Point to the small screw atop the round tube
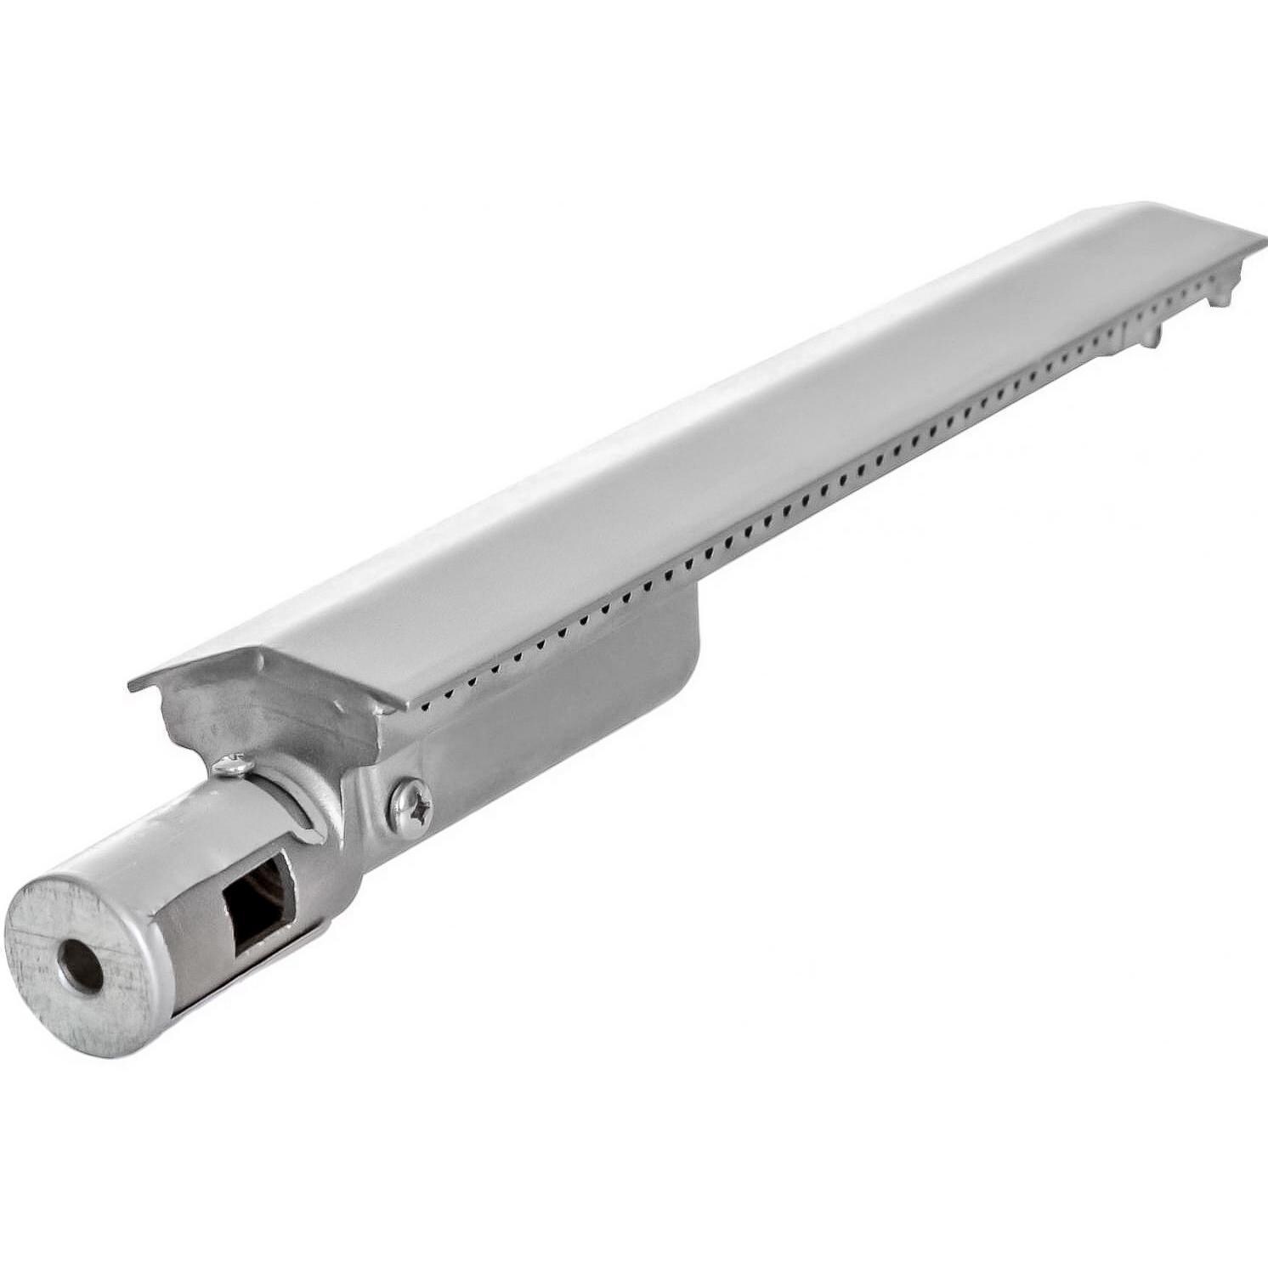click(232, 766)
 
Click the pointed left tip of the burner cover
click(132, 687)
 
